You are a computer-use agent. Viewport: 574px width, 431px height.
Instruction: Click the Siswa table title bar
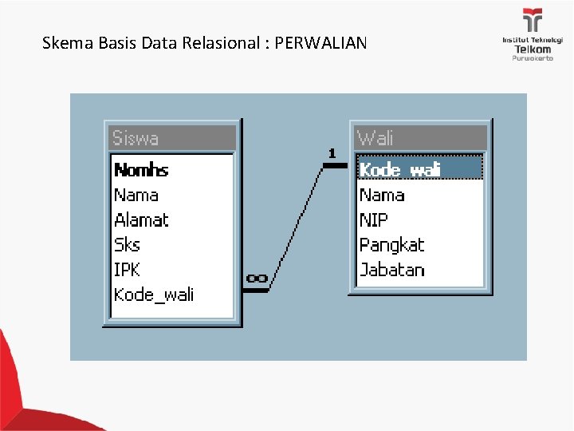point(172,138)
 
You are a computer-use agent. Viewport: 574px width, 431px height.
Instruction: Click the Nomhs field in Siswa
point(141,169)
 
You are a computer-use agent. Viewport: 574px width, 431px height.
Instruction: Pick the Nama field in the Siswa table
point(136,195)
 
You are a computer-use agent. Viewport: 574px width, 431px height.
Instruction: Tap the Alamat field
point(141,219)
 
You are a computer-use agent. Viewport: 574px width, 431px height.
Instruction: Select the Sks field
point(127,244)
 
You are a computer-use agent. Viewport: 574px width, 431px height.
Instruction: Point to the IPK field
point(127,270)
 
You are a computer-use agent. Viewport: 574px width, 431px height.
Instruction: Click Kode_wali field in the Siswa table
point(154,295)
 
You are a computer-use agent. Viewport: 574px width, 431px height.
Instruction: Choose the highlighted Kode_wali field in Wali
point(399,169)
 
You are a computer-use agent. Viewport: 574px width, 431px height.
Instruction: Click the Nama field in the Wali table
point(382,195)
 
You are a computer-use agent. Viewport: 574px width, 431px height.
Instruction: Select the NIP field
point(373,219)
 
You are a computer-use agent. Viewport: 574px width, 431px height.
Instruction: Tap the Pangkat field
point(391,244)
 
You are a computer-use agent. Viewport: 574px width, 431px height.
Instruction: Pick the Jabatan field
point(391,270)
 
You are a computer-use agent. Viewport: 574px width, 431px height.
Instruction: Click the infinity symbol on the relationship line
point(257,278)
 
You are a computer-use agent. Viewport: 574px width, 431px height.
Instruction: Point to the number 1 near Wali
point(332,152)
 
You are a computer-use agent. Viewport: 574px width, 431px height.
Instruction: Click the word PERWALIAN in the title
point(320,43)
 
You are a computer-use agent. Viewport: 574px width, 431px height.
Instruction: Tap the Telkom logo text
point(532,49)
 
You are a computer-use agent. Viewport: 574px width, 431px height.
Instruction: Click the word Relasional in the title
point(224,43)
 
